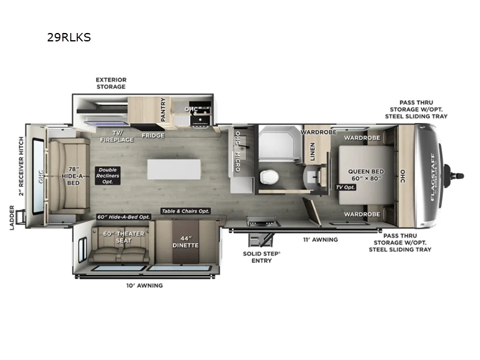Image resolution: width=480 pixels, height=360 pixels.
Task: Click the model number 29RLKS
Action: [69, 37]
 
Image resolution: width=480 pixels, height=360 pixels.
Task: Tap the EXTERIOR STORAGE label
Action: [111, 83]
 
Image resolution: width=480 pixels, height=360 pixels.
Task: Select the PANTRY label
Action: [163, 110]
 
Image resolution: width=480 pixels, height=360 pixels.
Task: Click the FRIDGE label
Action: [153, 136]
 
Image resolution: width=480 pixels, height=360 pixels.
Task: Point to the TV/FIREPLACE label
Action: [112, 136]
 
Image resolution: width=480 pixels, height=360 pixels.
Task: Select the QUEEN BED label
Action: [366, 175]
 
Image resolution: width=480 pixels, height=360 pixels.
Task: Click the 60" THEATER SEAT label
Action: [124, 237]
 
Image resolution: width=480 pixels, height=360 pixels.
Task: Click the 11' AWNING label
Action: [320, 239]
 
